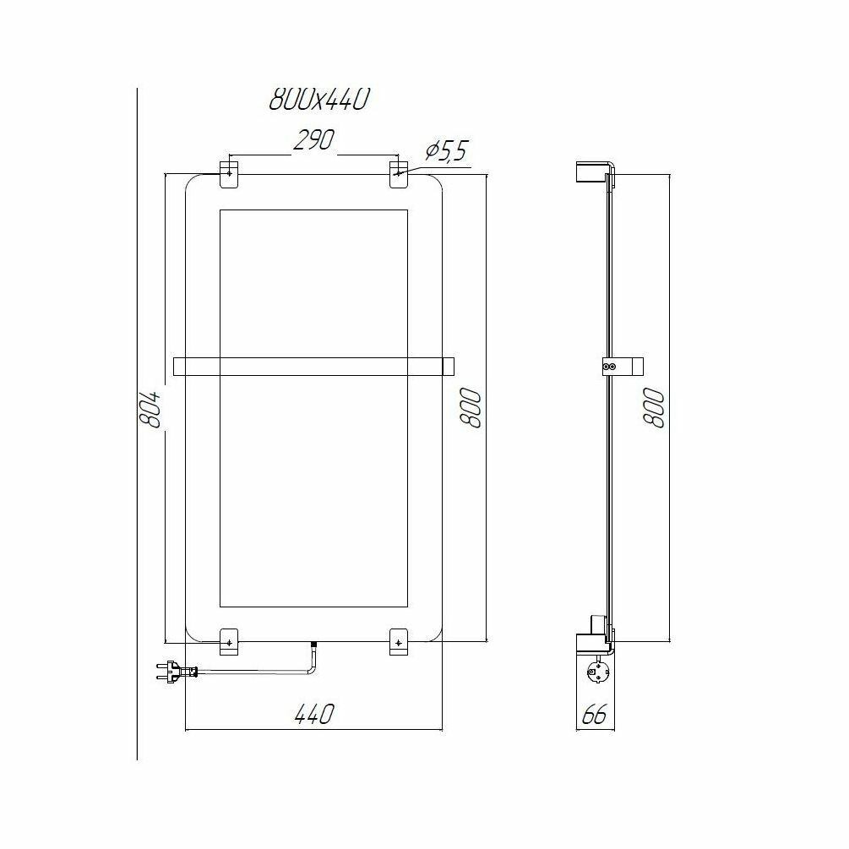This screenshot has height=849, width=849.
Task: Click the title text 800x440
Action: (x=319, y=99)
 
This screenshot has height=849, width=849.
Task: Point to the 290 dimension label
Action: (x=314, y=140)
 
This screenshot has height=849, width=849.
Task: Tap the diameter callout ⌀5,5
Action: (x=445, y=151)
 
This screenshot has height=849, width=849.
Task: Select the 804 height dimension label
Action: (x=151, y=409)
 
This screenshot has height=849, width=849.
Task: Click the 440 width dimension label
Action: (x=314, y=714)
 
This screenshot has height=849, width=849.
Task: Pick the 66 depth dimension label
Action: (x=595, y=715)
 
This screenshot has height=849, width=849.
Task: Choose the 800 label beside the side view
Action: (x=654, y=408)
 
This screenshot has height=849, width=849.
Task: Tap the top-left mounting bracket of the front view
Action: (x=229, y=174)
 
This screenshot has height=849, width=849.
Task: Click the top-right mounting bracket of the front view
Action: (x=399, y=174)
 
